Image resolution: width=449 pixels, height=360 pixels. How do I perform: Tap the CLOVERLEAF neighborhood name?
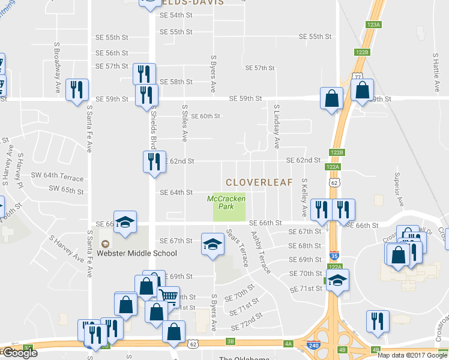pos(259,182)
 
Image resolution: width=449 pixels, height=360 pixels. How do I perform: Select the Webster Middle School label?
pos(137,253)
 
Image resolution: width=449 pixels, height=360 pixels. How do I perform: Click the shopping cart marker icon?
pos(169,296)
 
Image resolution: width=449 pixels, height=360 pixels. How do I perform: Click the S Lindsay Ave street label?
pos(277,127)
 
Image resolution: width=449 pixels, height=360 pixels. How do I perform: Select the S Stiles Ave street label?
pos(185,122)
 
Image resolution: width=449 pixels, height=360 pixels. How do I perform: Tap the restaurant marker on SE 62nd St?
pos(154,161)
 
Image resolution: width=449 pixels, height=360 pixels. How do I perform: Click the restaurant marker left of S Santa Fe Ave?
pos(76,90)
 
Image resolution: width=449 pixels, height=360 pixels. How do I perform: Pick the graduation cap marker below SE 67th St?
pos(212,244)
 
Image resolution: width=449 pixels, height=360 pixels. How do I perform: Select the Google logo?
pos(19,353)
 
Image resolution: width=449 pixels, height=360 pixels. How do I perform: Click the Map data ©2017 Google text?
pos(412,355)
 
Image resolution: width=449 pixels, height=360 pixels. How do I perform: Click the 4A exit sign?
pos(288,343)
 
